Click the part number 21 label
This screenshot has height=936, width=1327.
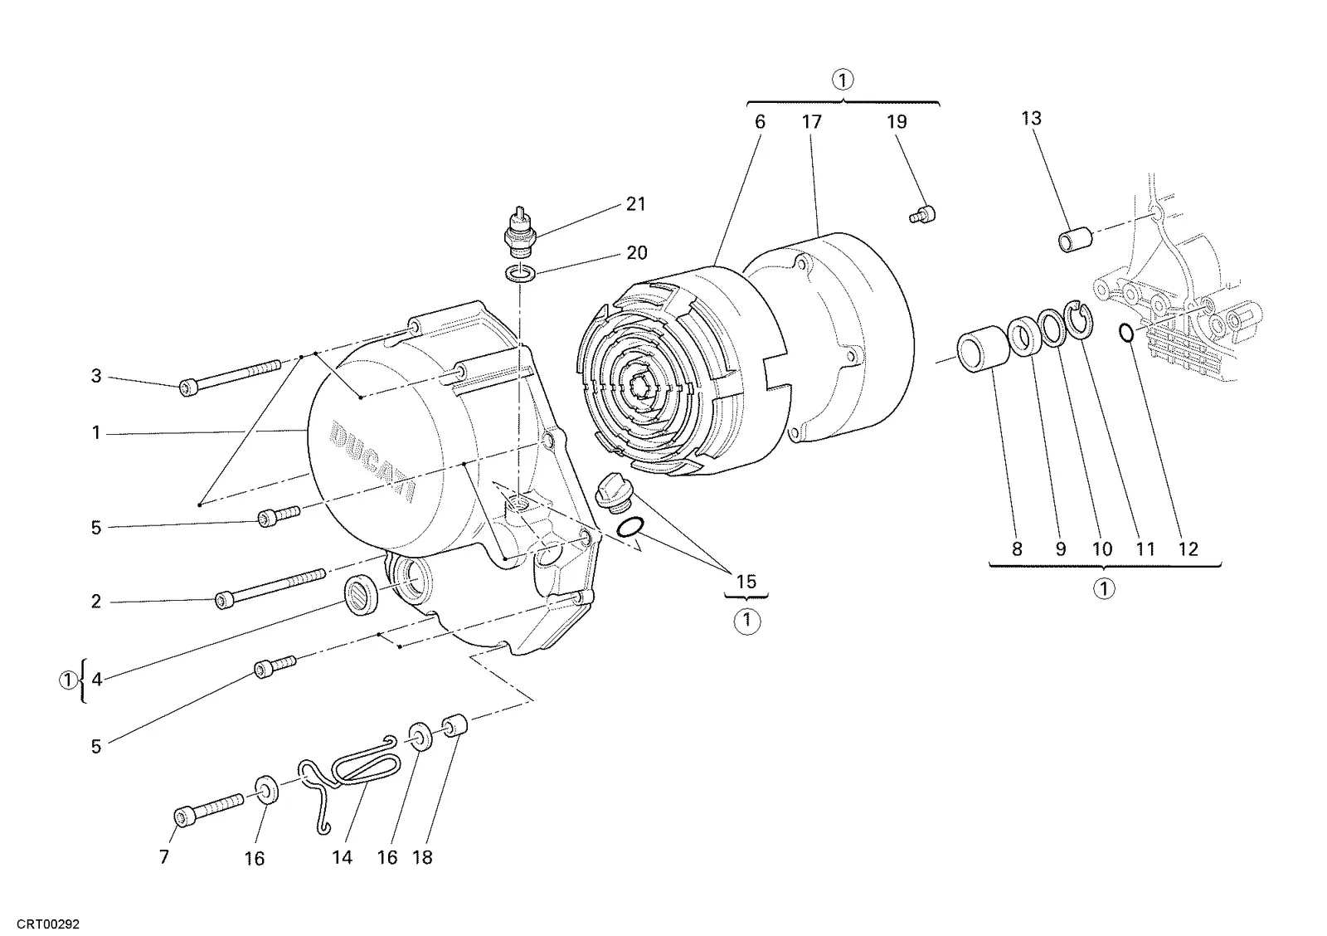coord(635,204)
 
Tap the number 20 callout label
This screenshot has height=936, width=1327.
coord(637,253)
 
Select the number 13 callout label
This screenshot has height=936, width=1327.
coord(1031,119)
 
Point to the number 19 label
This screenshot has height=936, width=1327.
coord(897,121)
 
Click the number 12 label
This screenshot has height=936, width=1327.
coord(1188,549)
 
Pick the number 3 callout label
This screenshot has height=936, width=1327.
coord(96,376)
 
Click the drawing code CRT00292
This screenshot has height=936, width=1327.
coord(48,924)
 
